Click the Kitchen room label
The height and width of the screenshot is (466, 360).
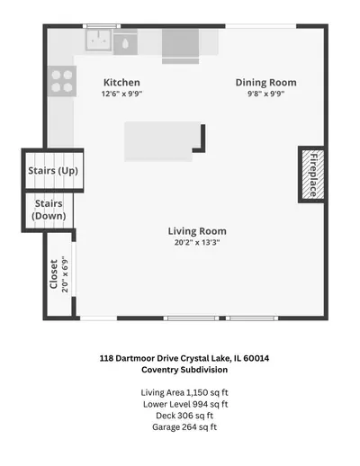pos(121,83)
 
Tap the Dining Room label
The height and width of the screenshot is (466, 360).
pos(265,83)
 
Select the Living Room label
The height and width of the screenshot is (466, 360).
pos(197,231)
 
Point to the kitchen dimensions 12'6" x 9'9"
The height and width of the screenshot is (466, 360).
pos(121,94)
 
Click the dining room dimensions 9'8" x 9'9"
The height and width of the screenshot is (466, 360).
pos(265,94)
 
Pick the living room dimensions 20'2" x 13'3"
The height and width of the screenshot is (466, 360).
pos(197,242)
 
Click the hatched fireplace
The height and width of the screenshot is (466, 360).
pos(313,175)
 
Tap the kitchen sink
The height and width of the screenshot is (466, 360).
pos(99,40)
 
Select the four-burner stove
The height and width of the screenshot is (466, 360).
pos(62,81)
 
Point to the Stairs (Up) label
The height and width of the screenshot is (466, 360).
pos(53,171)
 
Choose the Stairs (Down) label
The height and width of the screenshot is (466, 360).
pos(49,210)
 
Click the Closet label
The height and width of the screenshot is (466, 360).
pos(54,274)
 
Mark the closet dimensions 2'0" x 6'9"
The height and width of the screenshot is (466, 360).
pos(65,274)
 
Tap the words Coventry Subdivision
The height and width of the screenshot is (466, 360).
pos(184,370)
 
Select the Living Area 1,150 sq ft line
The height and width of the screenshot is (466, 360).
pos(184,392)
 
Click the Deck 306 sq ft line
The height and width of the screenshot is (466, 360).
pos(184,416)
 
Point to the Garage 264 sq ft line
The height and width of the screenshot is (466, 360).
pos(184,427)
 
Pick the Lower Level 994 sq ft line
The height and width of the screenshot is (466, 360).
pos(185,404)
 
